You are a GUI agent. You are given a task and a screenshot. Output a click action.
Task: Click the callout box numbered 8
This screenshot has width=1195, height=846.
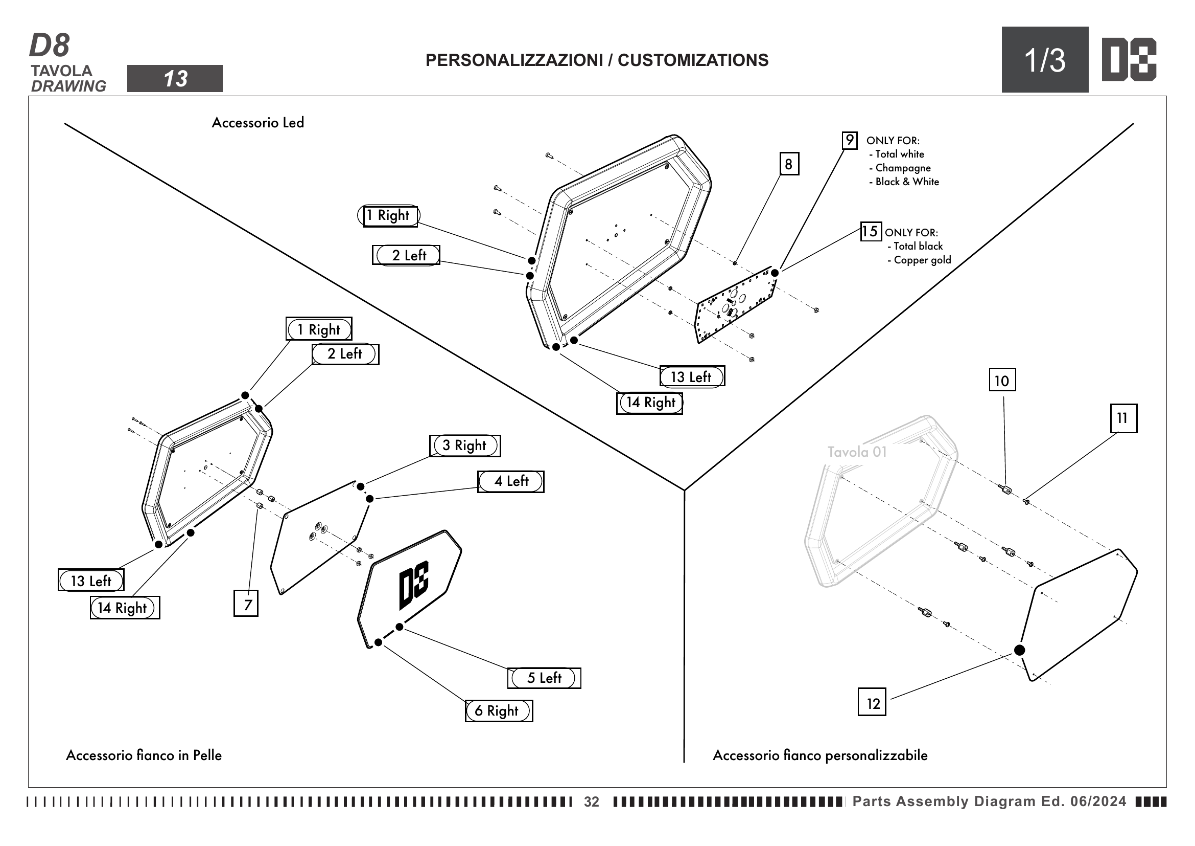[788, 164]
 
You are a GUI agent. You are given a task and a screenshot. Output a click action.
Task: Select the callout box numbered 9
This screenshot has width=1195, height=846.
[850, 140]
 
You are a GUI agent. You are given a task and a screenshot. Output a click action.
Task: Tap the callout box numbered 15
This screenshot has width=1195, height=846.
[870, 231]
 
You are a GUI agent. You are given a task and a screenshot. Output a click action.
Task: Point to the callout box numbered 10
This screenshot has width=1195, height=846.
[1002, 380]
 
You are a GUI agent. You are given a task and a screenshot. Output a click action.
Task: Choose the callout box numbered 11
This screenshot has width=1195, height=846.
[1123, 418]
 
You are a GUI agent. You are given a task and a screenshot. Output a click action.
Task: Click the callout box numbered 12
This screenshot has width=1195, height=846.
[872, 702]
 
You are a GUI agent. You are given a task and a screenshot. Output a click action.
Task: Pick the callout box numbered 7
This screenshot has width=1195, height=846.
[246, 603]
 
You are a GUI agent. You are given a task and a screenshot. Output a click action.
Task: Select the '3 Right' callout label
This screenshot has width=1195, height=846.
[465, 446]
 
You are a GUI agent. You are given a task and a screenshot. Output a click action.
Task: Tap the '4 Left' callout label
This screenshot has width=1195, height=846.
[510, 481]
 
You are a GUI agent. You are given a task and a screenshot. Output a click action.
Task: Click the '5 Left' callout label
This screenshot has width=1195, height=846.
[544, 678]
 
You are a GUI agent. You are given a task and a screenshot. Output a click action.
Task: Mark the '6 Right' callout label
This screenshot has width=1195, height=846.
[499, 710]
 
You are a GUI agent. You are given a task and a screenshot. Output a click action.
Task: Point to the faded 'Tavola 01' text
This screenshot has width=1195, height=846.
[857, 452]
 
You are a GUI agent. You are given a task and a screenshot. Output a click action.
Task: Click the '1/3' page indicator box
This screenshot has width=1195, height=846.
[1045, 60]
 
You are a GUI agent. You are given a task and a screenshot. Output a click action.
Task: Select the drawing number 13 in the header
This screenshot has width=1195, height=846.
[175, 79]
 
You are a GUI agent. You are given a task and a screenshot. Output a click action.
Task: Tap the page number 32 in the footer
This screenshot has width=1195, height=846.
[591, 802]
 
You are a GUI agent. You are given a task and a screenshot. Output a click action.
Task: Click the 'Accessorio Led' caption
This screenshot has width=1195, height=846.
[257, 123]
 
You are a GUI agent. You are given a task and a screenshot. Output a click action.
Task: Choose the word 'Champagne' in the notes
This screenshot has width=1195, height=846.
[902, 168]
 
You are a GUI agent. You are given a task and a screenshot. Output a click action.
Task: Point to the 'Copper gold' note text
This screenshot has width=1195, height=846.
[922, 260]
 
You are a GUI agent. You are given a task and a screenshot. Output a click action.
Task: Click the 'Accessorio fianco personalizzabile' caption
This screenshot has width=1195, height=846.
[819, 755]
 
